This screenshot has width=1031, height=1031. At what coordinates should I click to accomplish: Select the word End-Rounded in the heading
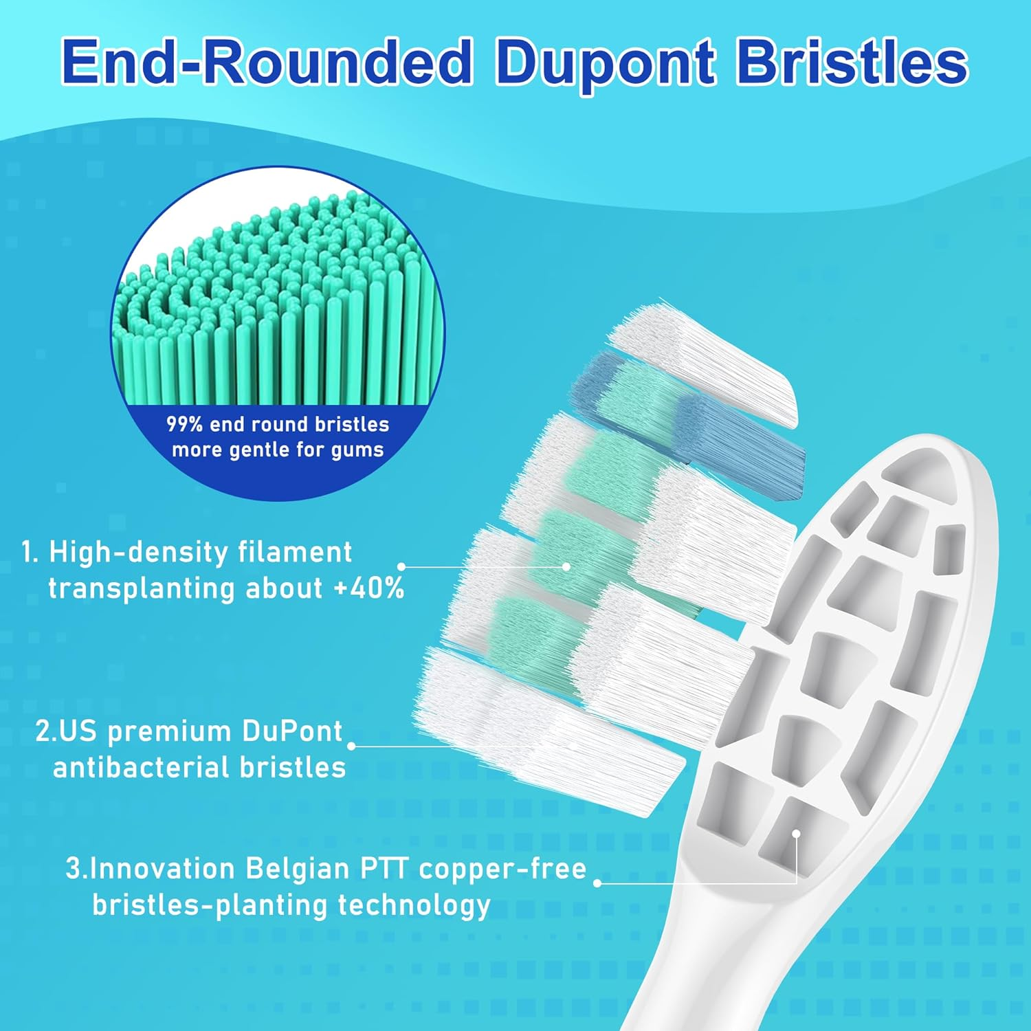[267, 63]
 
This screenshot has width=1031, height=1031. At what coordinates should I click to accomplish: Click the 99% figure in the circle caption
[184, 424]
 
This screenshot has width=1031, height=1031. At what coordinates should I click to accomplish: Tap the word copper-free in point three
[502, 869]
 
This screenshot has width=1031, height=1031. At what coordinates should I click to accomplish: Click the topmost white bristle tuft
[701, 361]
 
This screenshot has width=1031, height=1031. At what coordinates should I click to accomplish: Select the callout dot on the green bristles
[566, 566]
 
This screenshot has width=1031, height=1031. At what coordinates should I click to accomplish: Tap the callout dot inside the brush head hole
[796, 834]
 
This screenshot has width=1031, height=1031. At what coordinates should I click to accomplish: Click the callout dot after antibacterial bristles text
[351, 746]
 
